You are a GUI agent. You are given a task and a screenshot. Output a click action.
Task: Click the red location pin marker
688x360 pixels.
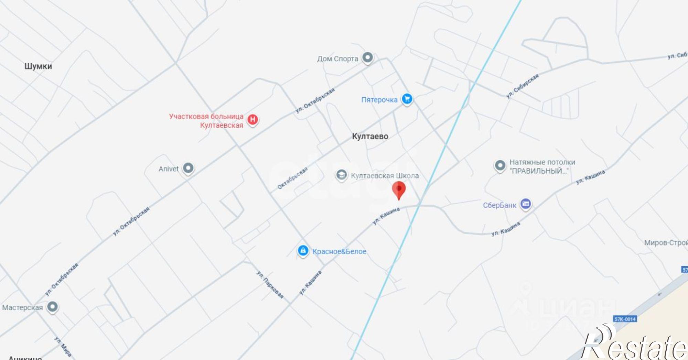399,189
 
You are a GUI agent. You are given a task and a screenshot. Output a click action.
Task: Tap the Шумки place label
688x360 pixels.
38,66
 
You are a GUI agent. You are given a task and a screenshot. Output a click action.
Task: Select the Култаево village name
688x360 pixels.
370,136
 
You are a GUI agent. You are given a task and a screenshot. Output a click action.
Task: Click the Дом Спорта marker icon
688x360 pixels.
368,57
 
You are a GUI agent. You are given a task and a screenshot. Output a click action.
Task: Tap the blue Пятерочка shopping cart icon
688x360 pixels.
407,99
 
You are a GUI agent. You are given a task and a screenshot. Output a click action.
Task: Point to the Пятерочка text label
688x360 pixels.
379,100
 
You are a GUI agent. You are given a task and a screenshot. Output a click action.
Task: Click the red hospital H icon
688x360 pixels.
253,120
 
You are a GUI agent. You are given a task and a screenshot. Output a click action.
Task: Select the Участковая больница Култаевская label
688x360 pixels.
206,121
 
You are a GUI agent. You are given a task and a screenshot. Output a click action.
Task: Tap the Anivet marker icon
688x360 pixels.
188,168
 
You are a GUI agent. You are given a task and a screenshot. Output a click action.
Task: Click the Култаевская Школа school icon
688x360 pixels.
341,175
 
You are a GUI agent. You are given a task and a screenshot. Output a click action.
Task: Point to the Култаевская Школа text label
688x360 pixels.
385,176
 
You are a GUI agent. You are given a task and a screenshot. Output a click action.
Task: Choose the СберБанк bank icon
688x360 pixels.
525,204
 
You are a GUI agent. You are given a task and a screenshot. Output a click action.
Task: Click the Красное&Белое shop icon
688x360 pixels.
303,251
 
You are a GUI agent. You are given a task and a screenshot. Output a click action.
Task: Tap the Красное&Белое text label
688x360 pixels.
339,251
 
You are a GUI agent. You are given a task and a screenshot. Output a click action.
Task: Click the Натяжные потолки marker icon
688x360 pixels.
500,165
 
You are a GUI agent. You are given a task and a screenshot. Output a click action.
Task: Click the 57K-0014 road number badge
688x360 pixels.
625,319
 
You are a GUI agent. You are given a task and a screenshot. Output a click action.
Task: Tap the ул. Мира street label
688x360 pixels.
63,347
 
